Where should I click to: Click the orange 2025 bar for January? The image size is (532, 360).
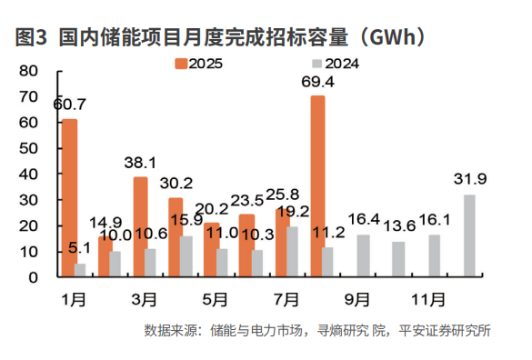tap(69, 196)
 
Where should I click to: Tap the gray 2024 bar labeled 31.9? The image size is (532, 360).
tap(469, 235)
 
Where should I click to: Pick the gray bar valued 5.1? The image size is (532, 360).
tap(81, 269)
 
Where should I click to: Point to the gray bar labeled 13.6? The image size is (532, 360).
tap(398, 258)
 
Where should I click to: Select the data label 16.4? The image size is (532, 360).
tap(363, 219)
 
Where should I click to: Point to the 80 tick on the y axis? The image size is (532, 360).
tap(27, 71)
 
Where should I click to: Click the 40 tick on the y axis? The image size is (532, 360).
tap(27, 174)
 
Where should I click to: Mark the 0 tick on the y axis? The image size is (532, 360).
tap(32, 276)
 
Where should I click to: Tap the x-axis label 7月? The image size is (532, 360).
tap(287, 298)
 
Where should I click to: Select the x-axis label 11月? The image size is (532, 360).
tap(428, 298)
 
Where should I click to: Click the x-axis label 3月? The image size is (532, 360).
tap(146, 298)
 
